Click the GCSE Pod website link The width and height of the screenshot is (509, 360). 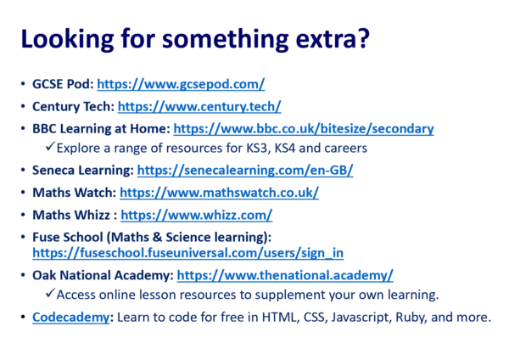tap(181, 84)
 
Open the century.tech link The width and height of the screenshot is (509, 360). tap(199, 107)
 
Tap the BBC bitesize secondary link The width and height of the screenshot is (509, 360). tap(304, 129)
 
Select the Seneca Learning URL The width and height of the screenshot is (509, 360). tap(245, 171)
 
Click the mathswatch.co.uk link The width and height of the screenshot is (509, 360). tap(220, 193)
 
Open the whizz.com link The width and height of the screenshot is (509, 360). tap(197, 215)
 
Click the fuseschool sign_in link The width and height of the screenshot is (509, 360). tap(188, 253)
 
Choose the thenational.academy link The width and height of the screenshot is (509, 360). tap(285, 276)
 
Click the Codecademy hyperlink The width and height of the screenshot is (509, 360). tap(71, 317)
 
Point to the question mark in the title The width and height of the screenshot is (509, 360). tap(364, 39)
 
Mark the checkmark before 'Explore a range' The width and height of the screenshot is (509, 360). tap(50, 147)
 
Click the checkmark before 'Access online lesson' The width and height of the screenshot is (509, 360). tap(50, 293)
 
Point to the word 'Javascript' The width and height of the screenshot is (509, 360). tap(361, 318)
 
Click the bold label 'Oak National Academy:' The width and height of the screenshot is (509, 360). tap(103, 276)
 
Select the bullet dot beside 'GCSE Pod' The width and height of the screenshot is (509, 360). tap(23, 84)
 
